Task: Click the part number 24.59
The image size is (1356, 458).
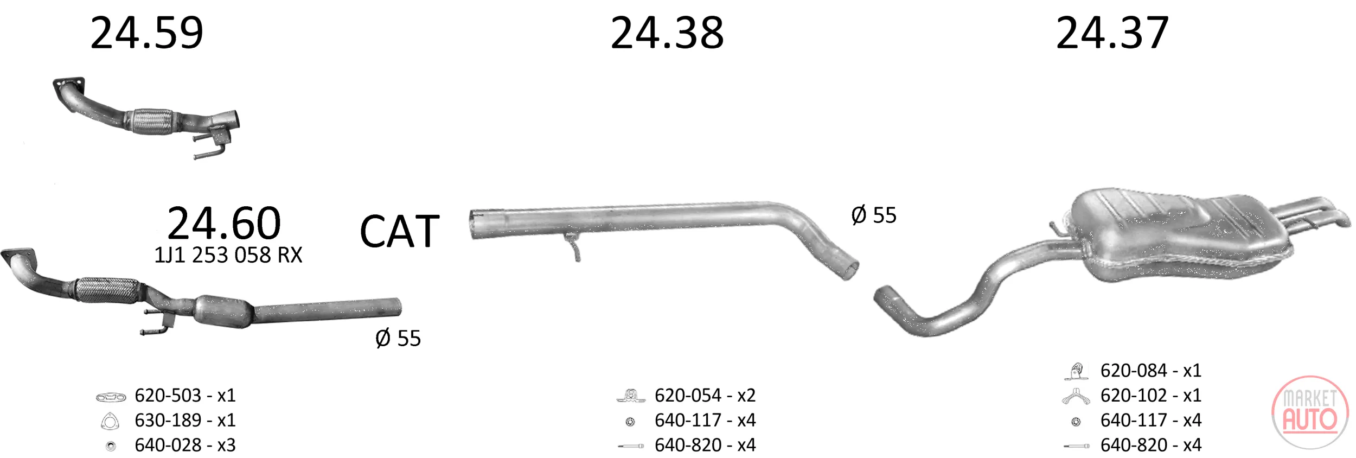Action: pyautogui.click(x=146, y=33)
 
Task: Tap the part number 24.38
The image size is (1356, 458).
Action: pyautogui.click(x=667, y=33)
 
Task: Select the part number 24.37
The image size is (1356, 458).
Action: pyautogui.click(x=1112, y=33)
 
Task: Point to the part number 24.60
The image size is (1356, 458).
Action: pyautogui.click(x=224, y=223)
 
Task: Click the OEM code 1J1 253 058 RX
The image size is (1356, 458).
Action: pyautogui.click(x=228, y=255)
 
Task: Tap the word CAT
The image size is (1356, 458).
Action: pyautogui.click(x=400, y=232)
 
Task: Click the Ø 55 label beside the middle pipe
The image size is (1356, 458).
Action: pyautogui.click(x=874, y=215)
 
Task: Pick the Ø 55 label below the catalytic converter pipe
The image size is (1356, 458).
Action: pyautogui.click(x=398, y=339)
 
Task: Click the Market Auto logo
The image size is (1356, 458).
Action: pyautogui.click(x=1310, y=412)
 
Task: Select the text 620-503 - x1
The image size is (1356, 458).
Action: pyautogui.click(x=185, y=396)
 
